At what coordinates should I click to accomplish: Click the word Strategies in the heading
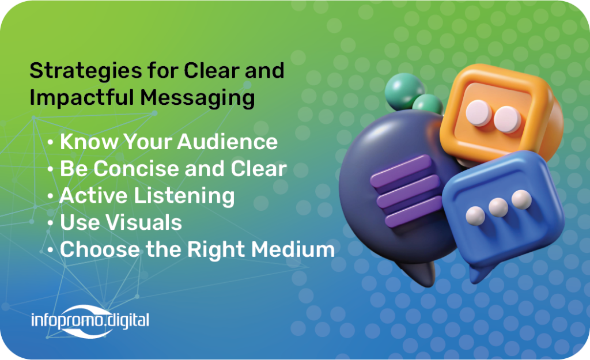(x=86, y=71)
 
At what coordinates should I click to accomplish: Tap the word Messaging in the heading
(x=198, y=98)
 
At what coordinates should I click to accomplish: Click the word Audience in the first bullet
(x=227, y=142)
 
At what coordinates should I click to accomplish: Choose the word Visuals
(x=144, y=222)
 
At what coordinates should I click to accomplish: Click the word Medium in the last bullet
(x=293, y=249)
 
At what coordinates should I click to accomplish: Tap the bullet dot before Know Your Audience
(x=50, y=143)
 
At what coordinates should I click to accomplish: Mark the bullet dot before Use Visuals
(x=50, y=223)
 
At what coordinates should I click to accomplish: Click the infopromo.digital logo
(x=90, y=321)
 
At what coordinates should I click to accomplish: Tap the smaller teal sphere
(x=428, y=104)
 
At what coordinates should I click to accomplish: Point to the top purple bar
(x=401, y=170)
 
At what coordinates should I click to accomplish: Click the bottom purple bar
(x=414, y=212)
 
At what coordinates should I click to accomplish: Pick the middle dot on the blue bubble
(x=498, y=207)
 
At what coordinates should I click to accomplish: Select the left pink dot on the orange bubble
(x=478, y=113)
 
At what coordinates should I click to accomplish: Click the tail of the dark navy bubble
(x=418, y=272)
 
